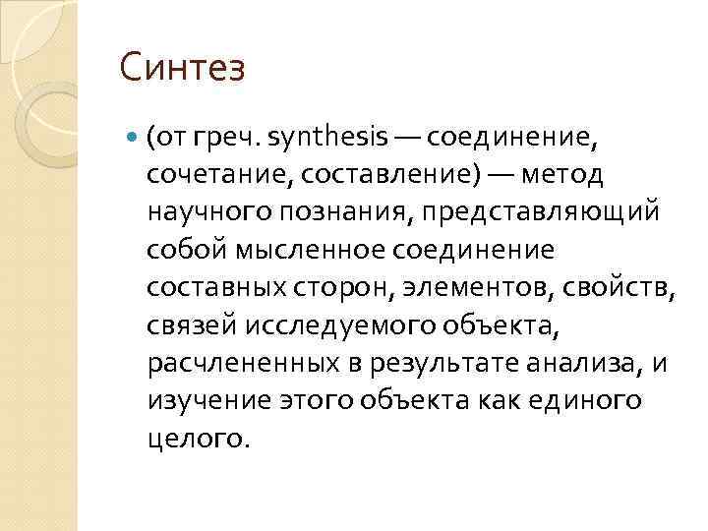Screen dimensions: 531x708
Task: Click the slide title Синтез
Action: click(x=182, y=70)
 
